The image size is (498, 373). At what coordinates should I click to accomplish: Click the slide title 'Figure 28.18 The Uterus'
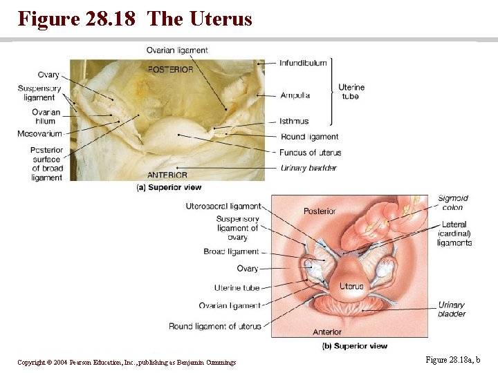coord(135,19)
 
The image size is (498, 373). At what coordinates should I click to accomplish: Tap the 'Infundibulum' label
coord(303,63)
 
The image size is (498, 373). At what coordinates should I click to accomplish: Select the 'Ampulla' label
coord(295,95)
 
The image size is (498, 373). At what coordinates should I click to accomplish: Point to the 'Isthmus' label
coord(295,122)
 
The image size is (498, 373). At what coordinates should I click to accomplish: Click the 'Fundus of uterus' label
coord(311,152)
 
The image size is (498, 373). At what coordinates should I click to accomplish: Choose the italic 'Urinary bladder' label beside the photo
coord(308,168)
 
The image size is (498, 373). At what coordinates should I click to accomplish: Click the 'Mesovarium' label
coord(40,133)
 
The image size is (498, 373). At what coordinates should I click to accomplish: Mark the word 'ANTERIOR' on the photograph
coord(167,175)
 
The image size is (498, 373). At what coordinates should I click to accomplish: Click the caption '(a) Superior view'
coord(169,186)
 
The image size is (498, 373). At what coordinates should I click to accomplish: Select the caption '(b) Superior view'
coord(355,345)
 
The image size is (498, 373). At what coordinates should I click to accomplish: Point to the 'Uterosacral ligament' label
coord(223,206)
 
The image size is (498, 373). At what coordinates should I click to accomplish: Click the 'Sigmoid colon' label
coord(452,203)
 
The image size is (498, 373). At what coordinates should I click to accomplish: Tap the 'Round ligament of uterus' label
coord(215,326)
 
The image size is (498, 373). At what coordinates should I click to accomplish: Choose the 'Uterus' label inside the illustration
coord(351,286)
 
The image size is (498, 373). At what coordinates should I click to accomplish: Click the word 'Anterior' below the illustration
coord(327,332)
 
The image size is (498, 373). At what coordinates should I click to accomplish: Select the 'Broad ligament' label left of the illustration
coord(231,251)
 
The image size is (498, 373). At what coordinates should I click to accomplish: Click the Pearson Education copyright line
coord(127,363)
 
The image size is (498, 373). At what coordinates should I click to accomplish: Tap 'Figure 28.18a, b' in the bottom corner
coord(453,360)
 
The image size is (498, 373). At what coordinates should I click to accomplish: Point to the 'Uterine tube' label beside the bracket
coord(351,92)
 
